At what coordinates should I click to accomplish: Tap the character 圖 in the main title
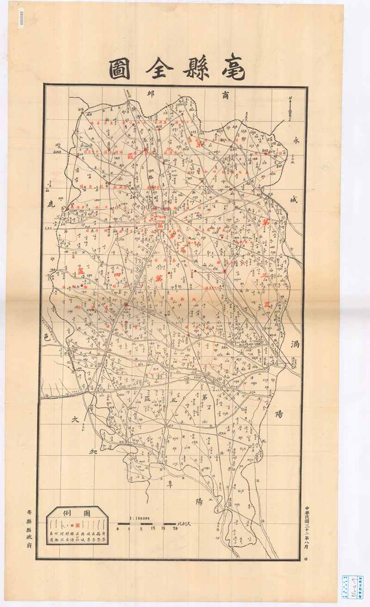click(119, 70)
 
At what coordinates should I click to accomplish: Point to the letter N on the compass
click(290, 98)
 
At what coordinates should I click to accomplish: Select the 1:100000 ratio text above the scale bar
click(139, 518)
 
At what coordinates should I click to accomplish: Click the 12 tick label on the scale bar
click(153, 528)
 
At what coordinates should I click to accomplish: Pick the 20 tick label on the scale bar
click(175, 528)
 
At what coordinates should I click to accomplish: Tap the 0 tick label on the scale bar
click(118, 528)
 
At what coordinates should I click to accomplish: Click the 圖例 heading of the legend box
click(77, 513)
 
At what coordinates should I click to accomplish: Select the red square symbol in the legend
click(77, 525)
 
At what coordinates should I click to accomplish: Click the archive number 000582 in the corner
click(21, 19)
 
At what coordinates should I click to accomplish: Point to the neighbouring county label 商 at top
click(225, 96)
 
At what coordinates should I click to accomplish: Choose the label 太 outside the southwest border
click(75, 420)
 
